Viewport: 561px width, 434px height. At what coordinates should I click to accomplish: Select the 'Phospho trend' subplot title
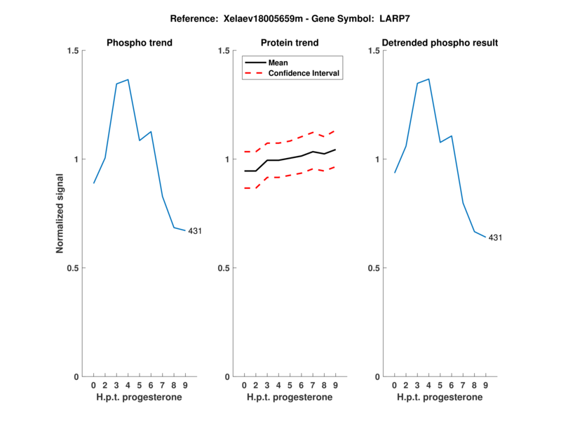coord(139,43)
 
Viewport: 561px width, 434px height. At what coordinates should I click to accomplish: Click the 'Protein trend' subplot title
coord(290,43)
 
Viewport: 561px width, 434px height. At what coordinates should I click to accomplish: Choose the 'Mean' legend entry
coord(278,63)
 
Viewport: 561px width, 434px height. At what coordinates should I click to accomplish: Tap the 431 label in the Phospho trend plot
coord(194,231)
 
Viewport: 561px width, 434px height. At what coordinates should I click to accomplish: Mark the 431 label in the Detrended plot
coord(494,237)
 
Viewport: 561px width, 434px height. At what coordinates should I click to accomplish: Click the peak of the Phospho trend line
coord(128,79)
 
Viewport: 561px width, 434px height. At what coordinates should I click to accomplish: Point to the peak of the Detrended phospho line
coord(428,79)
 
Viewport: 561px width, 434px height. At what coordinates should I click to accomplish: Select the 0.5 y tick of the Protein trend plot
coord(222,268)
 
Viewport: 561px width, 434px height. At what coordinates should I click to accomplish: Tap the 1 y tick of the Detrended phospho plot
coord(378,159)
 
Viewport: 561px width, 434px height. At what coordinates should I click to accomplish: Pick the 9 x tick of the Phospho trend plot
coord(185,385)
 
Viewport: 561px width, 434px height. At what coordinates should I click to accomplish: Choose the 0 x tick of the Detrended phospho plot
coord(395,385)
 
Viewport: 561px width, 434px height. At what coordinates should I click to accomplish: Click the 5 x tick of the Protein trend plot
coord(290,385)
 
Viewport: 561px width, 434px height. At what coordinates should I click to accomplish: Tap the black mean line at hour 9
coord(335,150)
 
